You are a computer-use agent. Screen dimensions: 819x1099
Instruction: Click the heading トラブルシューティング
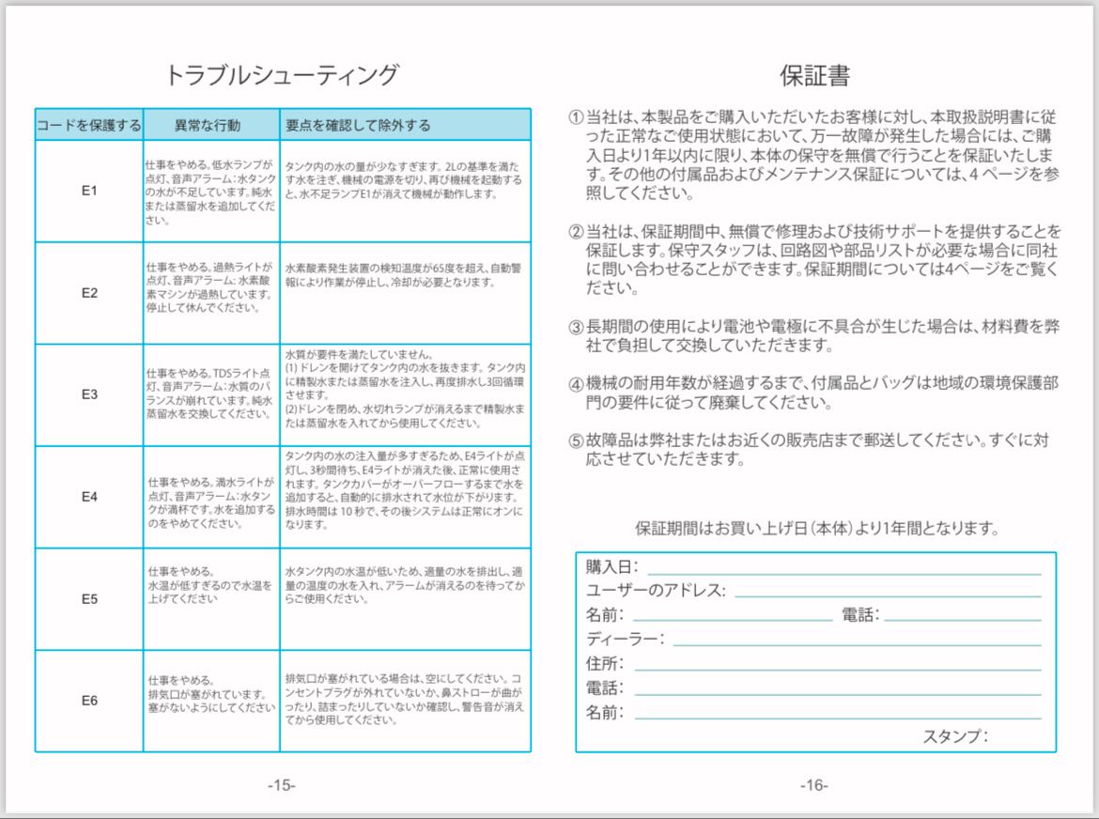click(282, 75)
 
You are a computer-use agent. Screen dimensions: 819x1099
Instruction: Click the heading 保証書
click(814, 75)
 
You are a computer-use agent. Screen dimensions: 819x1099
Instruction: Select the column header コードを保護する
click(89, 125)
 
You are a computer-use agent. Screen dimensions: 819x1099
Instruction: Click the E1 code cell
click(89, 192)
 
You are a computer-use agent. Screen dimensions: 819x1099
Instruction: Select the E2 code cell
click(89, 293)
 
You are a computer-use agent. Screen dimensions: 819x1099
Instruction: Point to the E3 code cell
click(89, 394)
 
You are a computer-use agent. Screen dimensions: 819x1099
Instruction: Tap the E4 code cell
click(89, 497)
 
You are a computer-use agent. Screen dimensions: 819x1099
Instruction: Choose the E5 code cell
click(89, 598)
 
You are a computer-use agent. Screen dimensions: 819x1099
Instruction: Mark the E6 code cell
click(89, 701)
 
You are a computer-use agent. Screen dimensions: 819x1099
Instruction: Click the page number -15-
click(281, 785)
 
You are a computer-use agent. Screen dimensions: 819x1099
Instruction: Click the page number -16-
click(813, 785)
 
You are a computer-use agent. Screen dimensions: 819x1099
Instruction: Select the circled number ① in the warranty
click(576, 118)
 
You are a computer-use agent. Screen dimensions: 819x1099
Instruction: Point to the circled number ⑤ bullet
click(576, 440)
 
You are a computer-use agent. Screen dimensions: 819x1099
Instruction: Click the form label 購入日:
click(611, 566)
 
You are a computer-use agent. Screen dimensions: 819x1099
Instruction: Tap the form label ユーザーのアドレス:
click(656, 591)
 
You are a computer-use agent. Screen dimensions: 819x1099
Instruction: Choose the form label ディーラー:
click(625, 639)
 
